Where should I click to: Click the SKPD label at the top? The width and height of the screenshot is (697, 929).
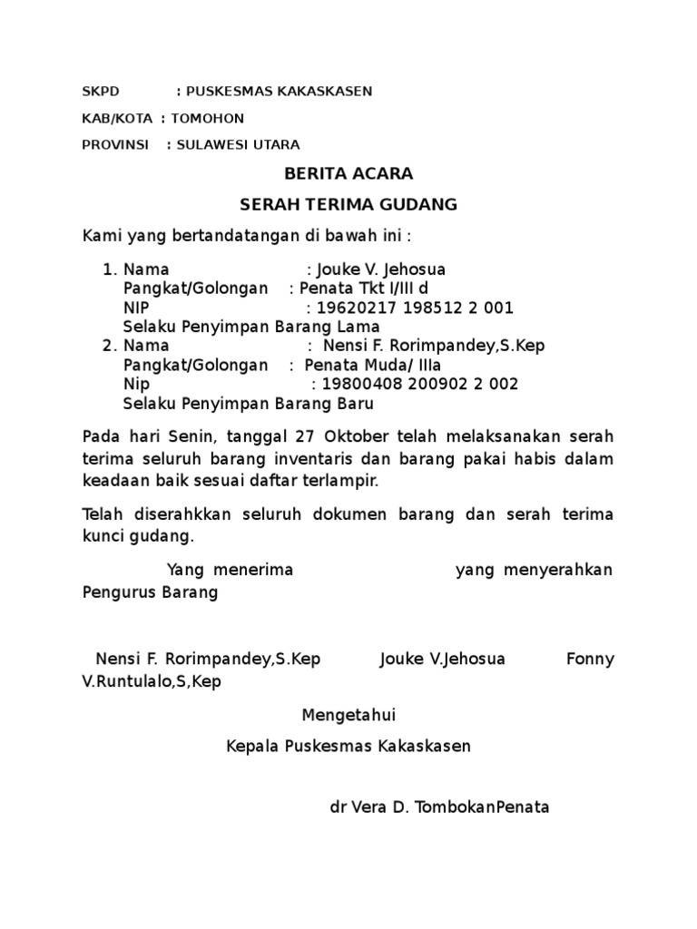(100, 92)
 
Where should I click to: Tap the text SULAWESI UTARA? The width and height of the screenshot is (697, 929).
(238, 144)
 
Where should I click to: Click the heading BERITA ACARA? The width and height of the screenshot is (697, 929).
(348, 173)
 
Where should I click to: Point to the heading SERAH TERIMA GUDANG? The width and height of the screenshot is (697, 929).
(348, 205)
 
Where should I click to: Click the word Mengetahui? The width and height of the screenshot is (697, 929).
(348, 716)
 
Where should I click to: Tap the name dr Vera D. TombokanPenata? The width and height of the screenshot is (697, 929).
(439, 807)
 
